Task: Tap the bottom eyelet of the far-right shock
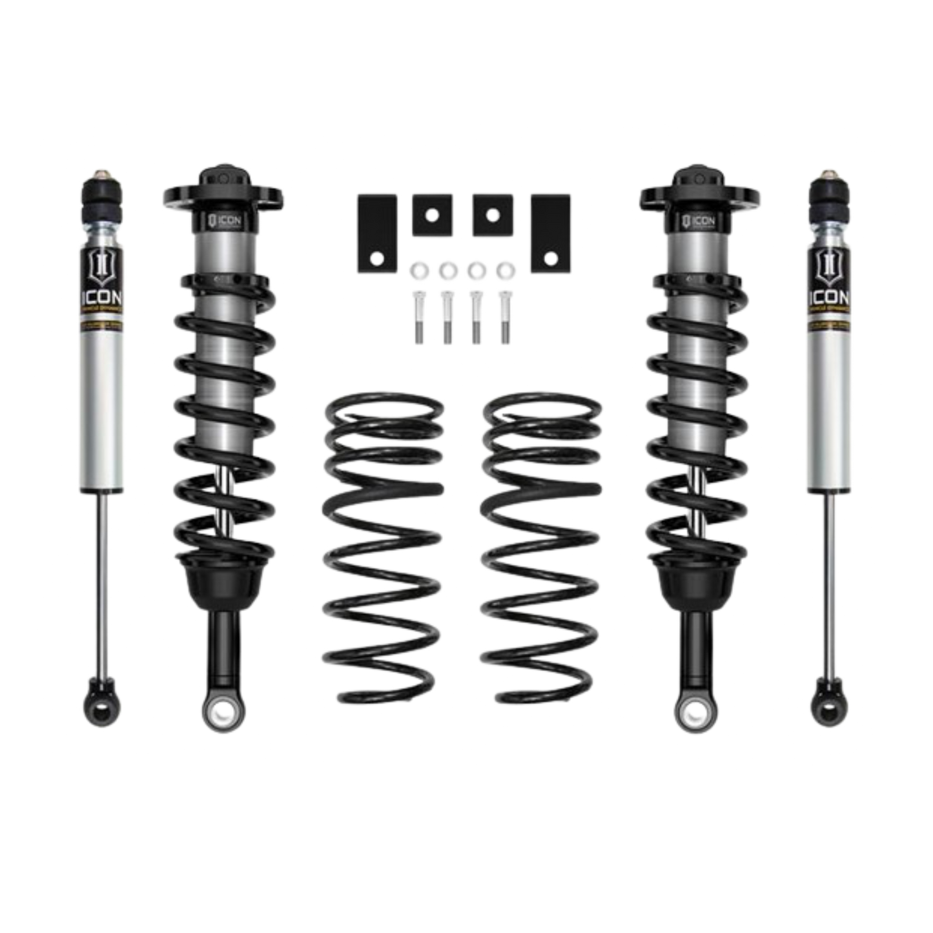829,708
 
